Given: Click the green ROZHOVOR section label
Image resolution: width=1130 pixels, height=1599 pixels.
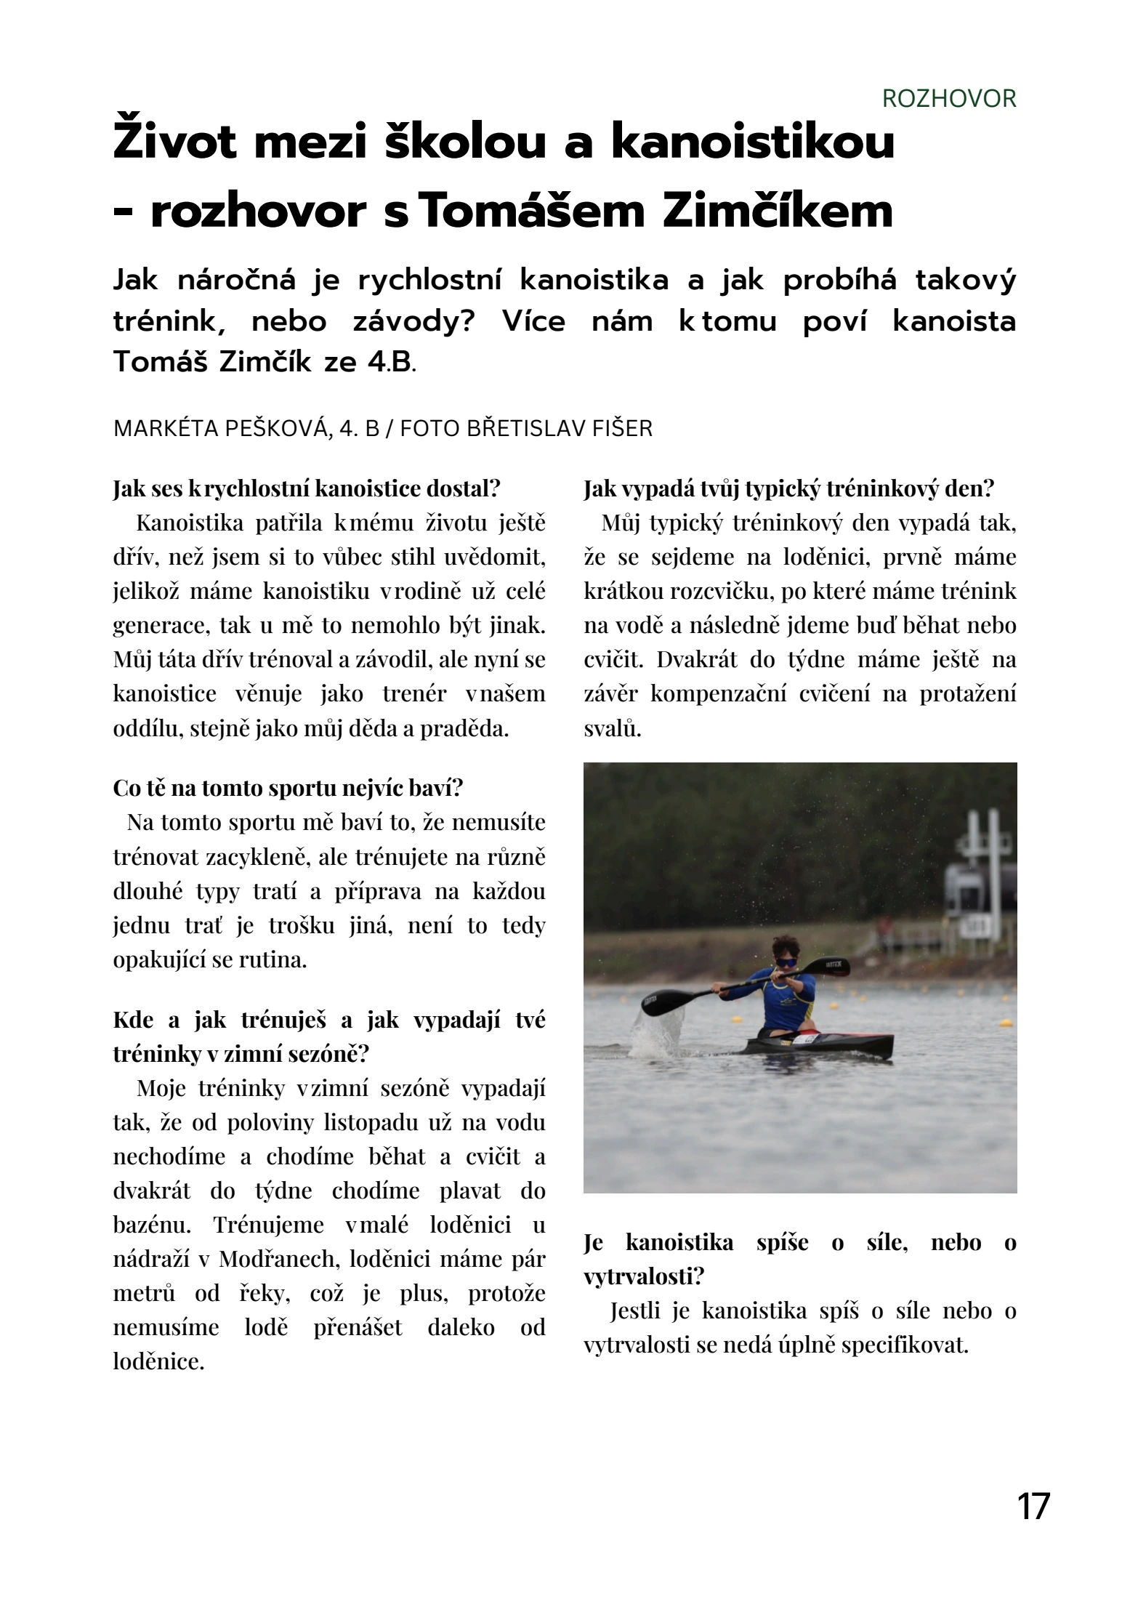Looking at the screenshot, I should pos(948,98).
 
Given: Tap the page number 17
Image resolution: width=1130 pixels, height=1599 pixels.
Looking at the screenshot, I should pos(1033,1507).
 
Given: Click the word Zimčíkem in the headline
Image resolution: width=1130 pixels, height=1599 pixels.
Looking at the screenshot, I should pos(778,212).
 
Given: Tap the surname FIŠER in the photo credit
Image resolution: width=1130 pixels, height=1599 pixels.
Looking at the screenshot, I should pos(623,428).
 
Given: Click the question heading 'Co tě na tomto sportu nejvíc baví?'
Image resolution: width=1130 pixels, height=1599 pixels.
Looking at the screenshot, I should pos(288,788).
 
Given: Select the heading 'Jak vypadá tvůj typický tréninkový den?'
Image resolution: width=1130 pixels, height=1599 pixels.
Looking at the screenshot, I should pos(788,488).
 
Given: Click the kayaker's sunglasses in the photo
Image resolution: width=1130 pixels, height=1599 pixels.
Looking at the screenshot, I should pos(786,962).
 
